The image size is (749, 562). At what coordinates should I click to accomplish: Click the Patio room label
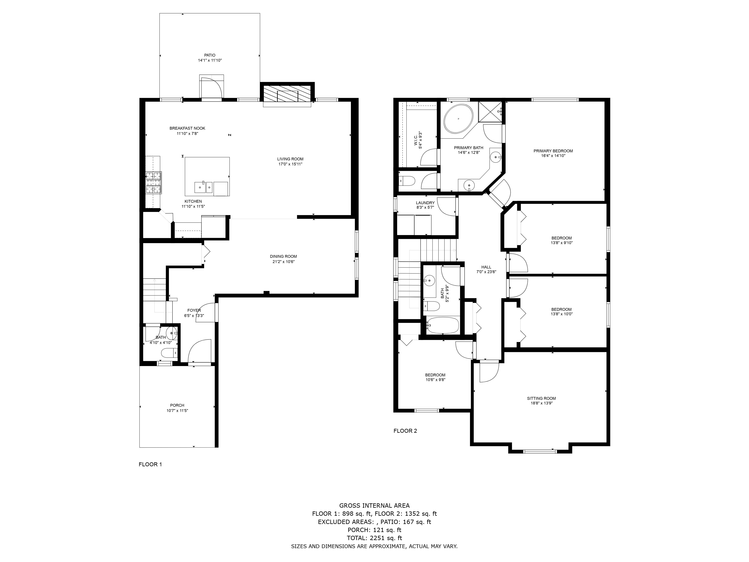pos(210,55)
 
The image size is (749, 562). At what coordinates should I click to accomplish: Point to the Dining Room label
pos(283,256)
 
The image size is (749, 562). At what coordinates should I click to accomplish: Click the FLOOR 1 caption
pos(150,464)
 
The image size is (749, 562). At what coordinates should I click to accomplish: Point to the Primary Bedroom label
pos(553,151)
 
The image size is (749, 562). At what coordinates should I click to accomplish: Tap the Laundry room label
pos(425,203)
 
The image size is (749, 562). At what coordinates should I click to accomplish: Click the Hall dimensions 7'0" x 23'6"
pos(486,272)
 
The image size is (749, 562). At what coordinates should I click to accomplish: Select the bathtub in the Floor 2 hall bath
pos(442,326)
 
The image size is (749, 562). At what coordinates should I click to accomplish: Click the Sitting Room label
pos(542,398)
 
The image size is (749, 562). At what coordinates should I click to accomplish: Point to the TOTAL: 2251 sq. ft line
pos(374,538)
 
